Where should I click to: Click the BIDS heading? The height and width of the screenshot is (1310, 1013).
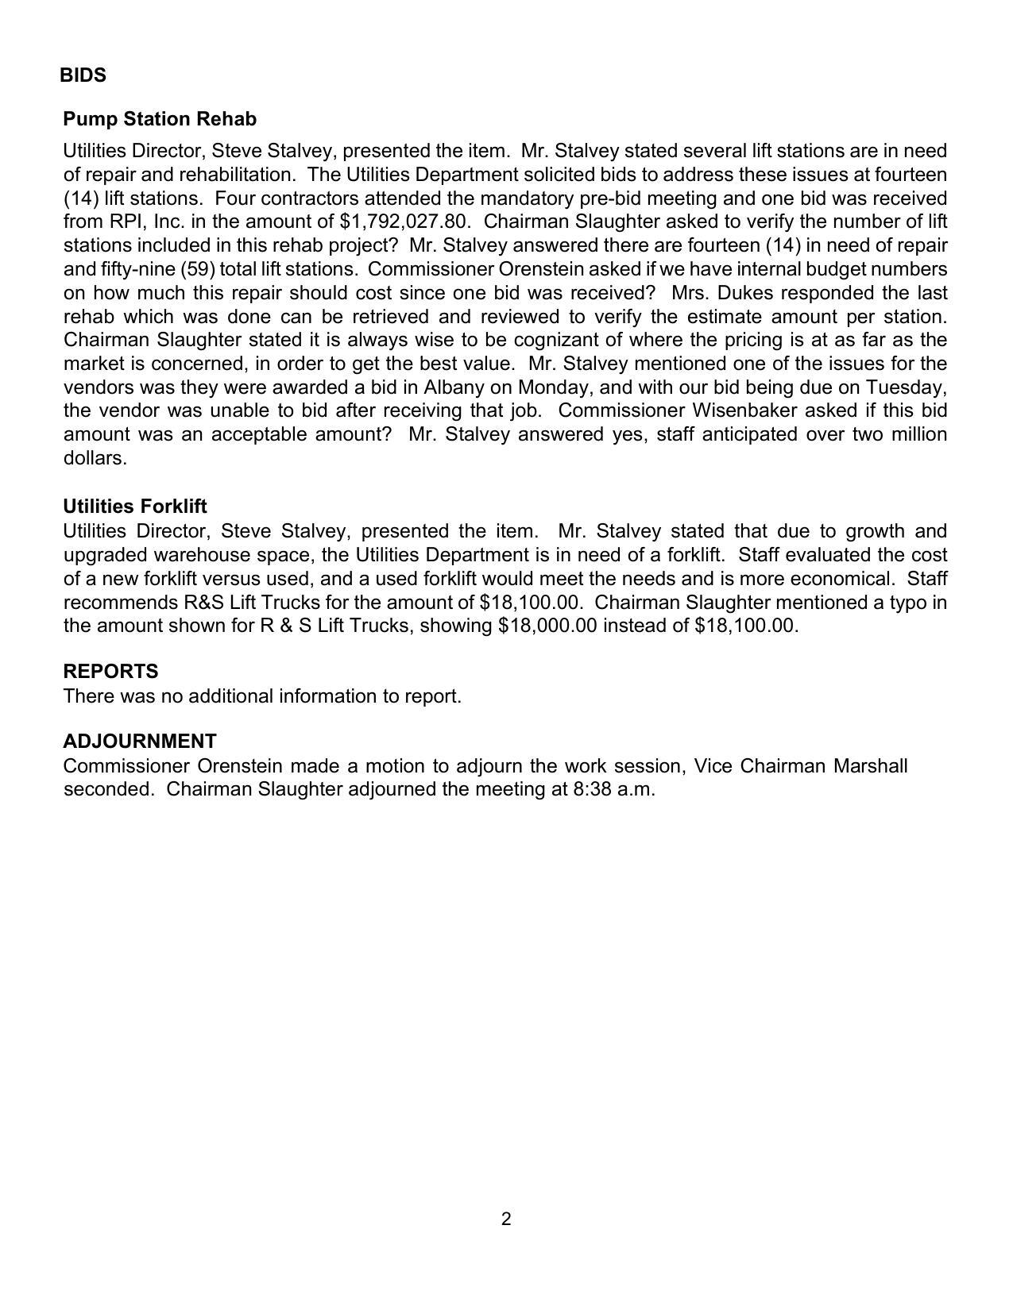[83, 75]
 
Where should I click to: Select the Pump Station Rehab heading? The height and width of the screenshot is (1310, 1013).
[160, 119]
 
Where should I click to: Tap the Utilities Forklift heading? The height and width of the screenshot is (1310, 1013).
[135, 507]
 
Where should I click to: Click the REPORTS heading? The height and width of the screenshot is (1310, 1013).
[110, 672]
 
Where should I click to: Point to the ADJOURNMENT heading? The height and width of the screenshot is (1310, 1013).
[140, 742]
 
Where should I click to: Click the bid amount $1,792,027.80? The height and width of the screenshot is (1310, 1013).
[403, 222]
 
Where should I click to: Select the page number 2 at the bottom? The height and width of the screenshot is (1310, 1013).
[506, 1219]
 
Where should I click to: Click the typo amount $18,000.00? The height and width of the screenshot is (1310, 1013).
[547, 626]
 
